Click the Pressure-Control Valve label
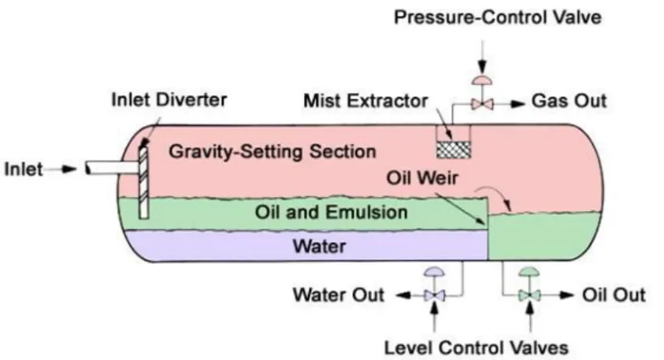tap(498, 17)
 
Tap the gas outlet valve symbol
tap(482, 103)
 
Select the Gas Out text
tap(569, 101)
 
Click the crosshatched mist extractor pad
tap(454, 150)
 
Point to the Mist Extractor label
tap(365, 101)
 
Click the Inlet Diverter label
tap(169, 100)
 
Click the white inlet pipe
tap(112, 168)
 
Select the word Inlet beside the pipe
tap(24, 169)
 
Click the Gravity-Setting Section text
tap(273, 151)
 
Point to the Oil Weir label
tap(421, 177)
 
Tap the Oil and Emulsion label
tap(331, 212)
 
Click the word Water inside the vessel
tap(319, 246)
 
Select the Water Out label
tap(339, 295)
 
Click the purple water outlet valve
tap(435, 295)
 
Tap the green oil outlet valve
tap(529, 295)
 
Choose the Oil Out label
tap(614, 295)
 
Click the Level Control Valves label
tap(476, 347)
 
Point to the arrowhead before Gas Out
tap(518, 103)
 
